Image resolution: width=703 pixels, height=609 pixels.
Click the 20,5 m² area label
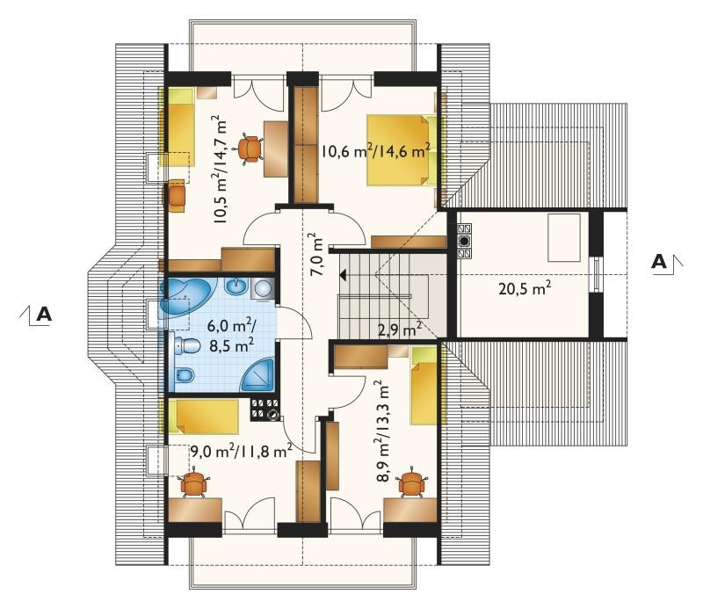point(525,288)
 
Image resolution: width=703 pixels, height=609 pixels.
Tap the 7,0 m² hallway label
point(318,254)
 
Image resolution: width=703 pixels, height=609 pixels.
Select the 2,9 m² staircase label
point(400,330)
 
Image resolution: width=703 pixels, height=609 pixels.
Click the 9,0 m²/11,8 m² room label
point(242,451)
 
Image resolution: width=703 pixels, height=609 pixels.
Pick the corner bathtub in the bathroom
point(188,296)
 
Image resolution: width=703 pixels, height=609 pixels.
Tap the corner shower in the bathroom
point(257,374)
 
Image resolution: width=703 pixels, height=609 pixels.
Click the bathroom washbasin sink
point(236,286)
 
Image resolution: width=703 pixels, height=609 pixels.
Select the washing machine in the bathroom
point(263,289)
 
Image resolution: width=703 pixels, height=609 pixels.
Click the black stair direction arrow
point(343,274)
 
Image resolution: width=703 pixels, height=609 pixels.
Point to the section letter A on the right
point(658,262)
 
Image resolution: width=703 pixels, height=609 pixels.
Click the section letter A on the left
point(44,314)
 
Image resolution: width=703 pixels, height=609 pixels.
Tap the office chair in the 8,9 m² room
point(410,482)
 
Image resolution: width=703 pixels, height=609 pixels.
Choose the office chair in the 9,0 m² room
point(193,482)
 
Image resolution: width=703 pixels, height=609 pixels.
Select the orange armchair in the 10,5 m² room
point(177,195)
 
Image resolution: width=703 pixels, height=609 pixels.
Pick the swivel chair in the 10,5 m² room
point(250,148)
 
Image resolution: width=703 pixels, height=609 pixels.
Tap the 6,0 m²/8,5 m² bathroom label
point(231,335)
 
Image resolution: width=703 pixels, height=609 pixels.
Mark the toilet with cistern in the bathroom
point(187,344)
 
